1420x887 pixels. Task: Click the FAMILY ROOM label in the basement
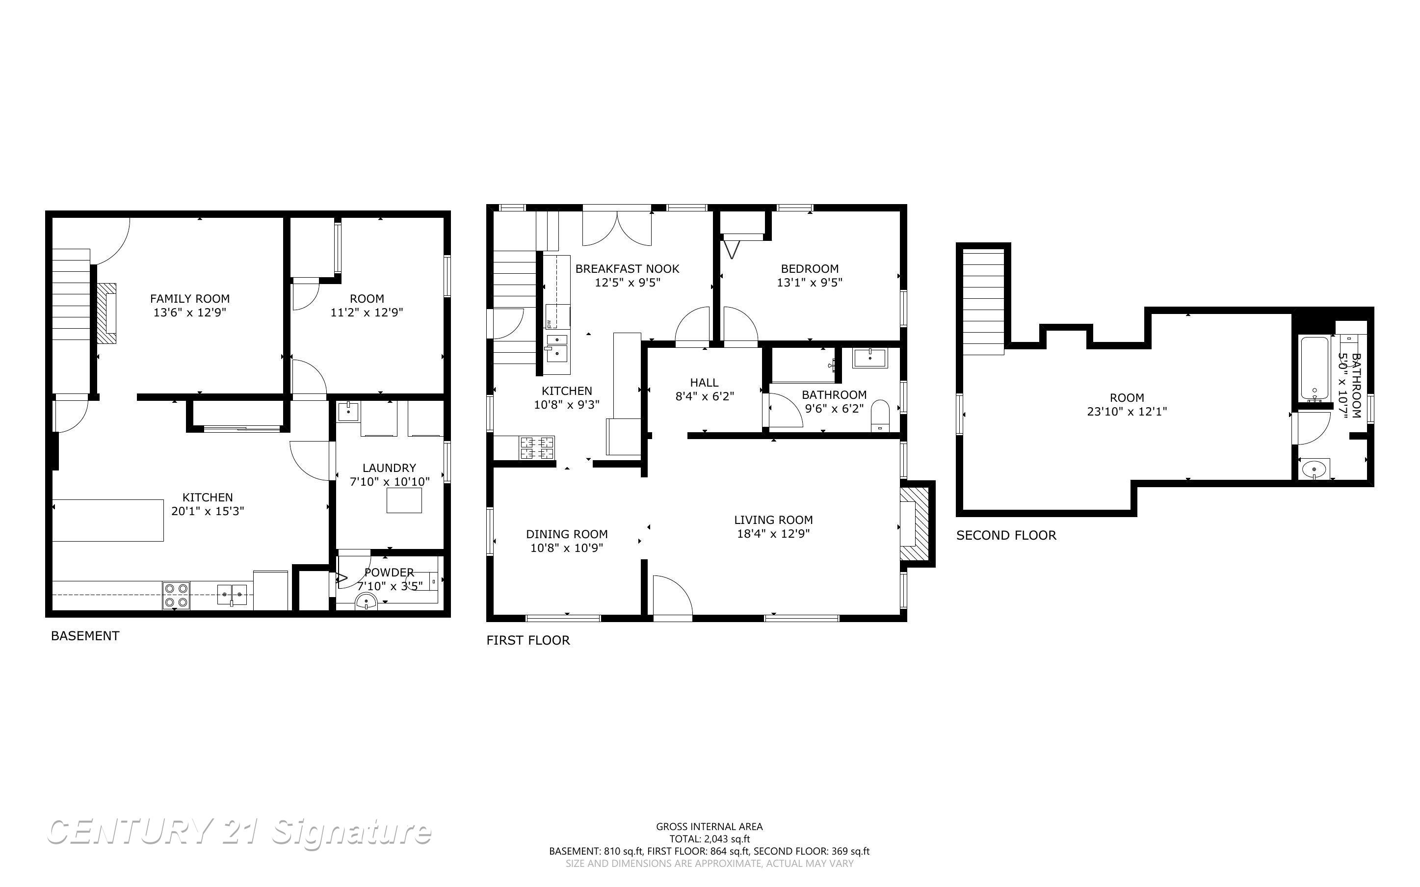pyautogui.click(x=189, y=299)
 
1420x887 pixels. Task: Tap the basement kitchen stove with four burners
pyautogui.click(x=176, y=595)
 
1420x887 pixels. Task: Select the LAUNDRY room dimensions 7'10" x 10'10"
pyautogui.click(x=390, y=482)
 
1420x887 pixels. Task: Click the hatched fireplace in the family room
pyautogui.click(x=107, y=313)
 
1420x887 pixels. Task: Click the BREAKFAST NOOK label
pyautogui.click(x=627, y=269)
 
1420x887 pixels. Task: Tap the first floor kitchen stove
pyautogui.click(x=537, y=447)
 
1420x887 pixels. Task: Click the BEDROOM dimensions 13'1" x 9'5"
pyautogui.click(x=810, y=283)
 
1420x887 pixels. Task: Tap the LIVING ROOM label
pyautogui.click(x=773, y=520)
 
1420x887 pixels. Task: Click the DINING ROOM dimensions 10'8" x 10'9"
pyautogui.click(x=567, y=548)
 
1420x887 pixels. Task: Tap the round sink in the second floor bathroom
pyautogui.click(x=1313, y=470)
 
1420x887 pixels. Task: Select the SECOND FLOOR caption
pyautogui.click(x=1006, y=535)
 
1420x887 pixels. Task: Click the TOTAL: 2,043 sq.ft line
pyautogui.click(x=709, y=839)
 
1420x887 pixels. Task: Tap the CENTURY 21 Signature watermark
pyautogui.click(x=239, y=833)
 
